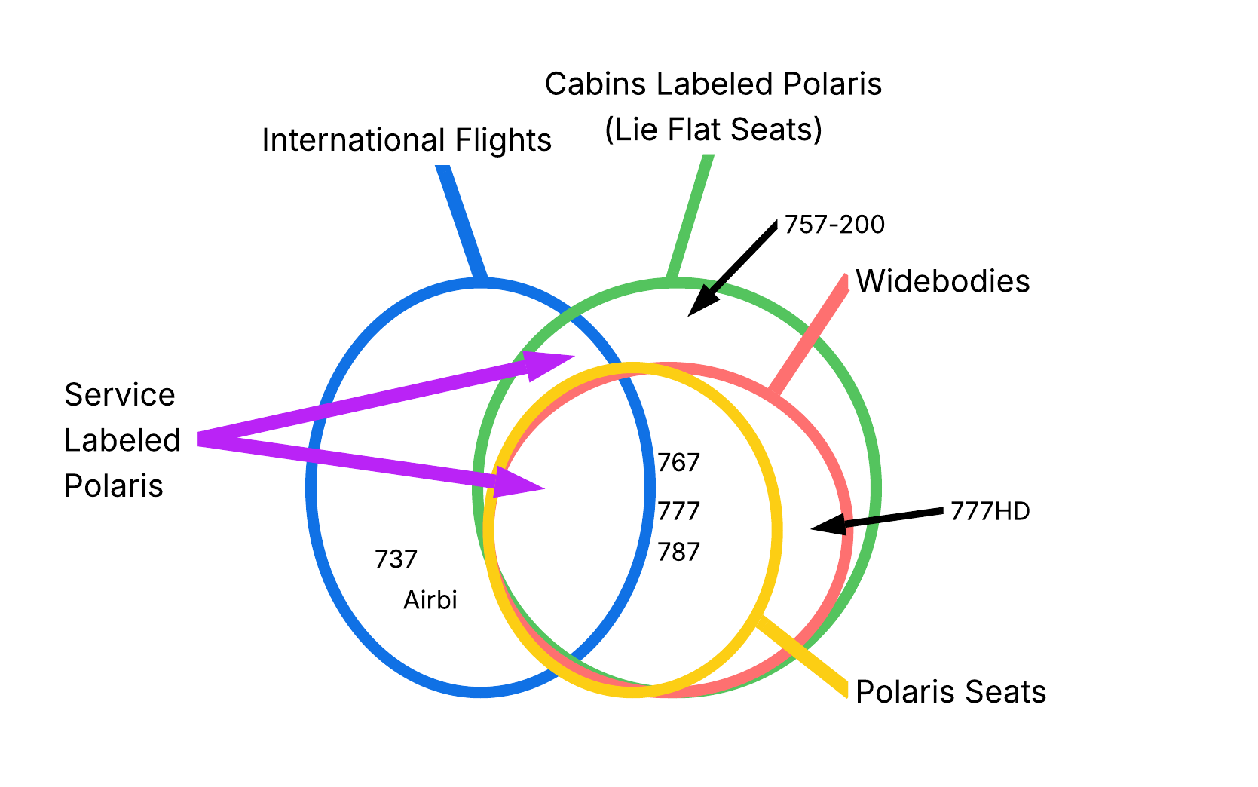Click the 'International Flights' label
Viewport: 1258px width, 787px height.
pos(406,140)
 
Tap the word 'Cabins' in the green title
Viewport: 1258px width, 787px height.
pos(596,84)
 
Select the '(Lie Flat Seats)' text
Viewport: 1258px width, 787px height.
pos(713,130)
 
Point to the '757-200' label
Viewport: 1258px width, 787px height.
pos(834,225)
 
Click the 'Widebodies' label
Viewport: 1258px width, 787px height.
pos(942,281)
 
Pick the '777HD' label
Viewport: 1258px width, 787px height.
pos(990,512)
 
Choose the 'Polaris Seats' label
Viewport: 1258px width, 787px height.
pos(950,691)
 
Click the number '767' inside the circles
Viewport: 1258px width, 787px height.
pos(678,463)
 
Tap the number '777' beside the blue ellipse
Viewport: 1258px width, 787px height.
pos(678,511)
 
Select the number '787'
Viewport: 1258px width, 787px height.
pos(678,553)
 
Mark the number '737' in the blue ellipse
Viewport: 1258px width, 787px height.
pos(396,559)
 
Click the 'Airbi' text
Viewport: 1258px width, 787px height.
pos(430,600)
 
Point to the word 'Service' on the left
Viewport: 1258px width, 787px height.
pos(120,394)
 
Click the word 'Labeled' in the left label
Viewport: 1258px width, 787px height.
pos(122,439)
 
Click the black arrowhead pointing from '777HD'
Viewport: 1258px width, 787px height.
pos(829,525)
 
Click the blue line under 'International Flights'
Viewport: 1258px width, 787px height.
pos(461,222)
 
